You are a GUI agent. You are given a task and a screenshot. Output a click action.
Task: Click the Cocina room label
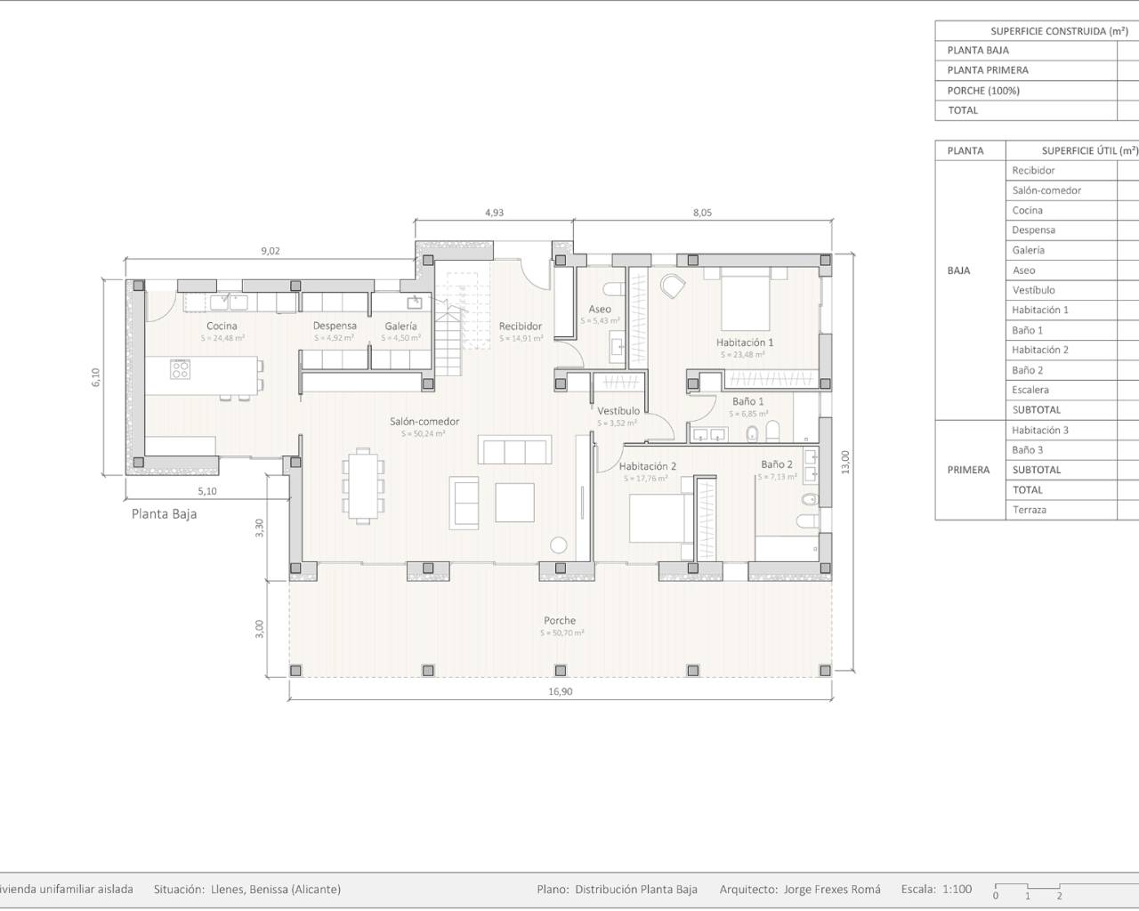222,326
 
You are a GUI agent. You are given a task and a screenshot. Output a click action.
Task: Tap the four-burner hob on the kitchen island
180,368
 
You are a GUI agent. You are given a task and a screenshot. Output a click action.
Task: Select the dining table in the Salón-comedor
364,485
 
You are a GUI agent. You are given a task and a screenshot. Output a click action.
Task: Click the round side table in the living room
559,544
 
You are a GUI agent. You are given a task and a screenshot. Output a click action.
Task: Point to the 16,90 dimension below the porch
560,691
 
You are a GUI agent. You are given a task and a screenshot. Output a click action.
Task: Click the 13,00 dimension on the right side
845,462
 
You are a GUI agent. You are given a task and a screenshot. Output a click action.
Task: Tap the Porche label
560,620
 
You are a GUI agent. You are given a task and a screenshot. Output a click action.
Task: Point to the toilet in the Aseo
613,288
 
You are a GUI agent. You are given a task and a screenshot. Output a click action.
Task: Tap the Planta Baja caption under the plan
165,513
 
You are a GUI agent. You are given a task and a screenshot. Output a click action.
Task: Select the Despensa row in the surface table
1033,230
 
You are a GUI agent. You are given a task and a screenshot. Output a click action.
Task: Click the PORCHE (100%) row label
983,91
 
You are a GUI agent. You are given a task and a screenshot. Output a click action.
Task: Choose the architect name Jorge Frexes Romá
832,889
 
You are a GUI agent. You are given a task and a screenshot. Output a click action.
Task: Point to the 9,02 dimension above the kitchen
271,251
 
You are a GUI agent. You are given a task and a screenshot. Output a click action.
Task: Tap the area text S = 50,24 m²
424,434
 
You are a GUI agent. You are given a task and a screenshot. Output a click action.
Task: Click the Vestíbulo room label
618,411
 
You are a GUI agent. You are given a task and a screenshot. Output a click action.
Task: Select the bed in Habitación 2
658,518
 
